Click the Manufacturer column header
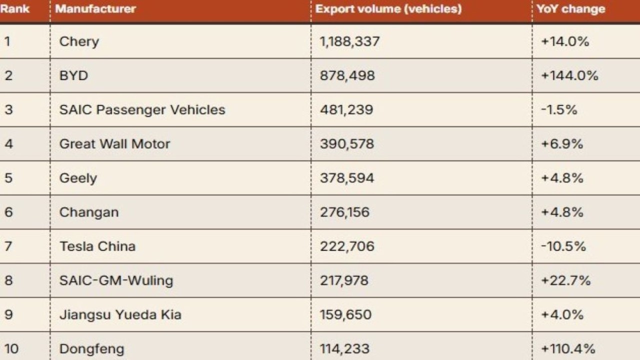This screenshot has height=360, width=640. [95, 9]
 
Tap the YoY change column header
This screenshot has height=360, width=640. [570, 9]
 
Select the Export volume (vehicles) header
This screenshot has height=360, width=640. [388, 9]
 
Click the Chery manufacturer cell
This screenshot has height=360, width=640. [79, 41]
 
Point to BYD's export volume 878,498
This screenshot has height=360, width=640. [347, 76]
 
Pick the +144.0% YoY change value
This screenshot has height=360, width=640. [569, 76]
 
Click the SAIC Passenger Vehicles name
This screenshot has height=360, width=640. [142, 110]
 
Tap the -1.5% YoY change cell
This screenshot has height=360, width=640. [559, 110]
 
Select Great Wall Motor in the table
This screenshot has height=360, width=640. [114, 144]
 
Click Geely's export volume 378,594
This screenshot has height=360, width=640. [347, 178]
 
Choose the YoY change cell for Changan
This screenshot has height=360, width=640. [562, 212]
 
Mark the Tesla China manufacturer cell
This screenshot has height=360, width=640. [97, 246]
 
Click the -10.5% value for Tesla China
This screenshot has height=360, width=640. [563, 246]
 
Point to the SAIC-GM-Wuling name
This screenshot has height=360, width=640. [116, 280]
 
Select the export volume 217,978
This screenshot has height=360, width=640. [344, 280]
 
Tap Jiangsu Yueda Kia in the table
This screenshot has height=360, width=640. [120, 315]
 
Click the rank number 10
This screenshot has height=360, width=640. [11, 348]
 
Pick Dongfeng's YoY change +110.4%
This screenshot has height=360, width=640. [568, 348]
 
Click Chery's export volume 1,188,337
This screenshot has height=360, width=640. [350, 41]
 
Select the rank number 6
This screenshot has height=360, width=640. [8, 212]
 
